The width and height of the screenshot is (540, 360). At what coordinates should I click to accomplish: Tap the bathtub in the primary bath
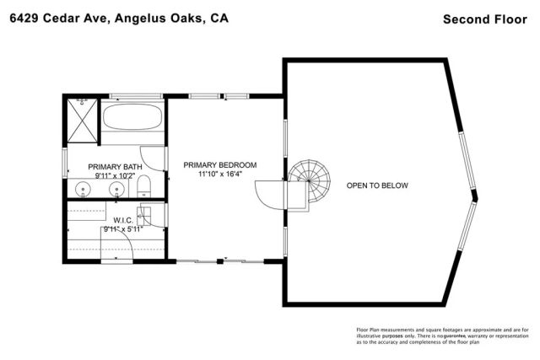(x=132, y=118)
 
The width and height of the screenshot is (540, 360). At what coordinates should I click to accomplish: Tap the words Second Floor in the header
(x=485, y=18)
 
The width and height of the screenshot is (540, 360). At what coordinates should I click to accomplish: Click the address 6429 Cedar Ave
(x=51, y=18)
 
